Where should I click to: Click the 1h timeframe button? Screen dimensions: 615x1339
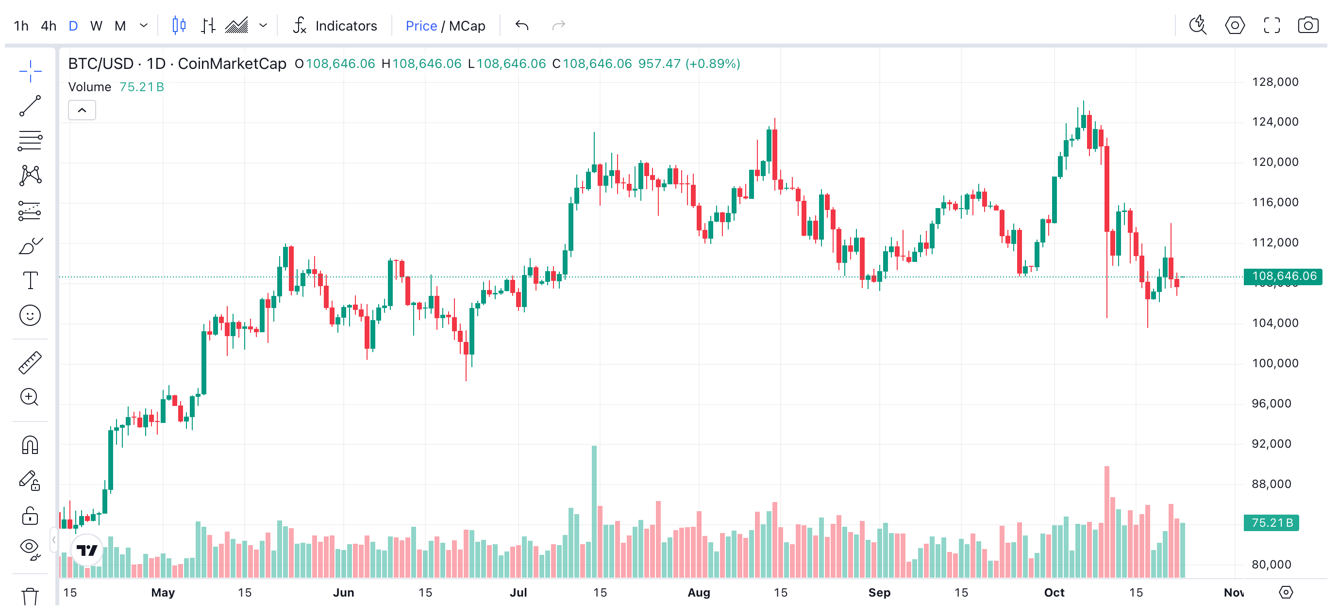pos(21,25)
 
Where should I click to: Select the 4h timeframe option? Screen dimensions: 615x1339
pos(49,25)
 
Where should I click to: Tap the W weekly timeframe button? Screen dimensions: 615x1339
pos(96,25)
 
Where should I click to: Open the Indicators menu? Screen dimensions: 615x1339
pos(336,25)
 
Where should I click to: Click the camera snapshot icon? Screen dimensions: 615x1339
pos(1308,25)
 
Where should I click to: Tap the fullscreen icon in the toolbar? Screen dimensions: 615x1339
pos(1272,25)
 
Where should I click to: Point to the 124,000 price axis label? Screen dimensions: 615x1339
pos(1275,122)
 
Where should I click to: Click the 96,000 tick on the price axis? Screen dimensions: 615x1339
pos(1272,404)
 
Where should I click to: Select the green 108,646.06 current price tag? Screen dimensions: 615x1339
pos(1283,276)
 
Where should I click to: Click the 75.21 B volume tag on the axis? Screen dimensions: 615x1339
pos(1272,522)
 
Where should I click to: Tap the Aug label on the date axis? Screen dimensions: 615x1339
pos(699,593)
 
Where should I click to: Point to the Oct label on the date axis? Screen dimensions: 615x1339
pos(1054,593)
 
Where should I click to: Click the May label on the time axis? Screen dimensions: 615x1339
pos(163,593)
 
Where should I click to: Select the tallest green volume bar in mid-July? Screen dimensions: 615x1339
pos(594,512)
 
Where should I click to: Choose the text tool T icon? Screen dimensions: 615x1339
pos(30,280)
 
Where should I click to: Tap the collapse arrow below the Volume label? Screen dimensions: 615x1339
pos(82,110)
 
